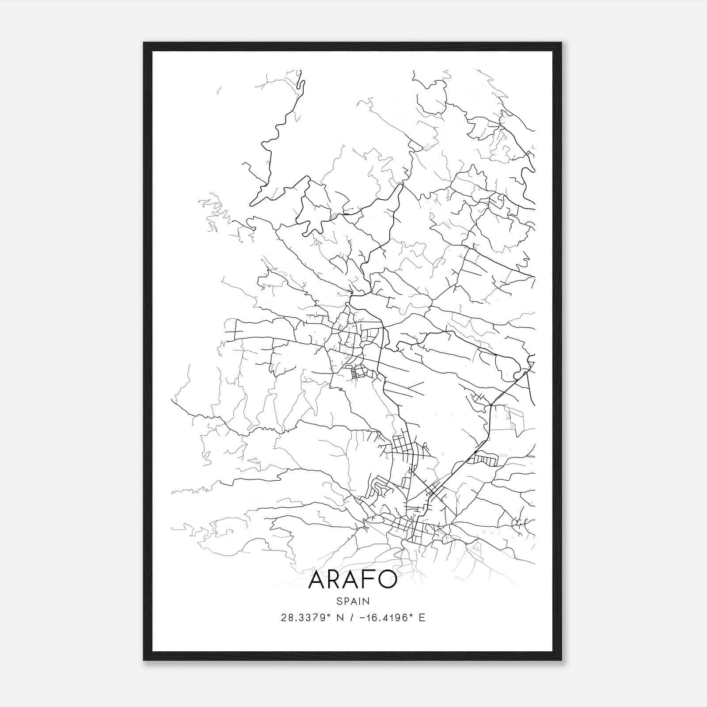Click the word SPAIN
(353, 601)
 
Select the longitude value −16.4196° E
(393, 618)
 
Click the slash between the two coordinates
(352, 618)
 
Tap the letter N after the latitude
(340, 618)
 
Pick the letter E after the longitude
(422, 618)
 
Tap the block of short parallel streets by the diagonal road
(484, 460)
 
